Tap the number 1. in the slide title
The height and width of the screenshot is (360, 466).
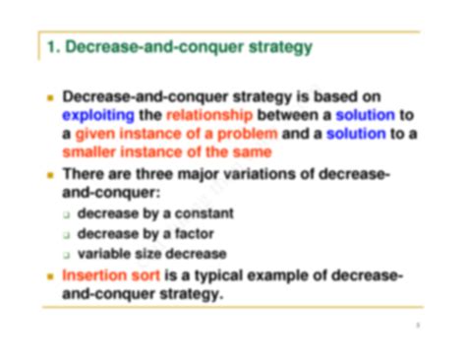(54, 46)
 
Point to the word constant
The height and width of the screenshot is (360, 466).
(204, 212)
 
